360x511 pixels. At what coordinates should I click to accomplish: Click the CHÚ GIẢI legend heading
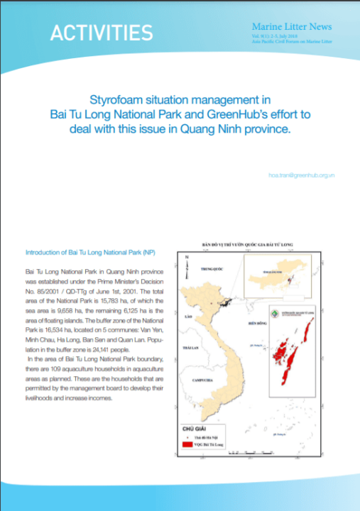[193, 429]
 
